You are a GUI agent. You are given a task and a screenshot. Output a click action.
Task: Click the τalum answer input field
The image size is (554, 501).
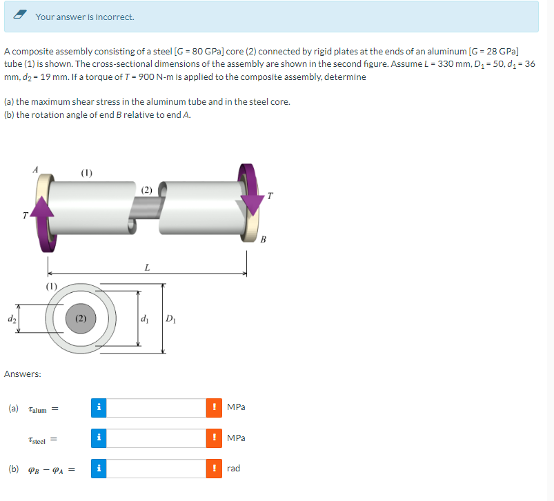click(156, 407)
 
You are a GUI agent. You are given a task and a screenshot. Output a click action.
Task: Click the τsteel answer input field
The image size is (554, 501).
click(156, 438)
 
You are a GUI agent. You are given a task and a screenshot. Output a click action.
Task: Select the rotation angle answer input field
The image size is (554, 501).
click(156, 469)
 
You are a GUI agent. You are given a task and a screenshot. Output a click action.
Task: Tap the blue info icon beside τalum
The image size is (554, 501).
click(99, 407)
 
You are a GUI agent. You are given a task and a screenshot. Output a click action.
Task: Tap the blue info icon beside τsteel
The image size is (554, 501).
click(99, 438)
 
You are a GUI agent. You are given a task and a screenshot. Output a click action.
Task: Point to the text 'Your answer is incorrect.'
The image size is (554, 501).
click(85, 17)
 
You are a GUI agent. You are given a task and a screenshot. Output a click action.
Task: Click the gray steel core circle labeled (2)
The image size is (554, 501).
click(81, 320)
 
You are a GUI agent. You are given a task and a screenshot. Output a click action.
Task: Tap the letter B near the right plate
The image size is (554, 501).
click(263, 239)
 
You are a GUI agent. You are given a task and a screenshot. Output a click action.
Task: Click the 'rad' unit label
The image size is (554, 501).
click(233, 469)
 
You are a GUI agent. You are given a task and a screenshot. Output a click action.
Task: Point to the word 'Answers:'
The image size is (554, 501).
click(22, 374)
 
